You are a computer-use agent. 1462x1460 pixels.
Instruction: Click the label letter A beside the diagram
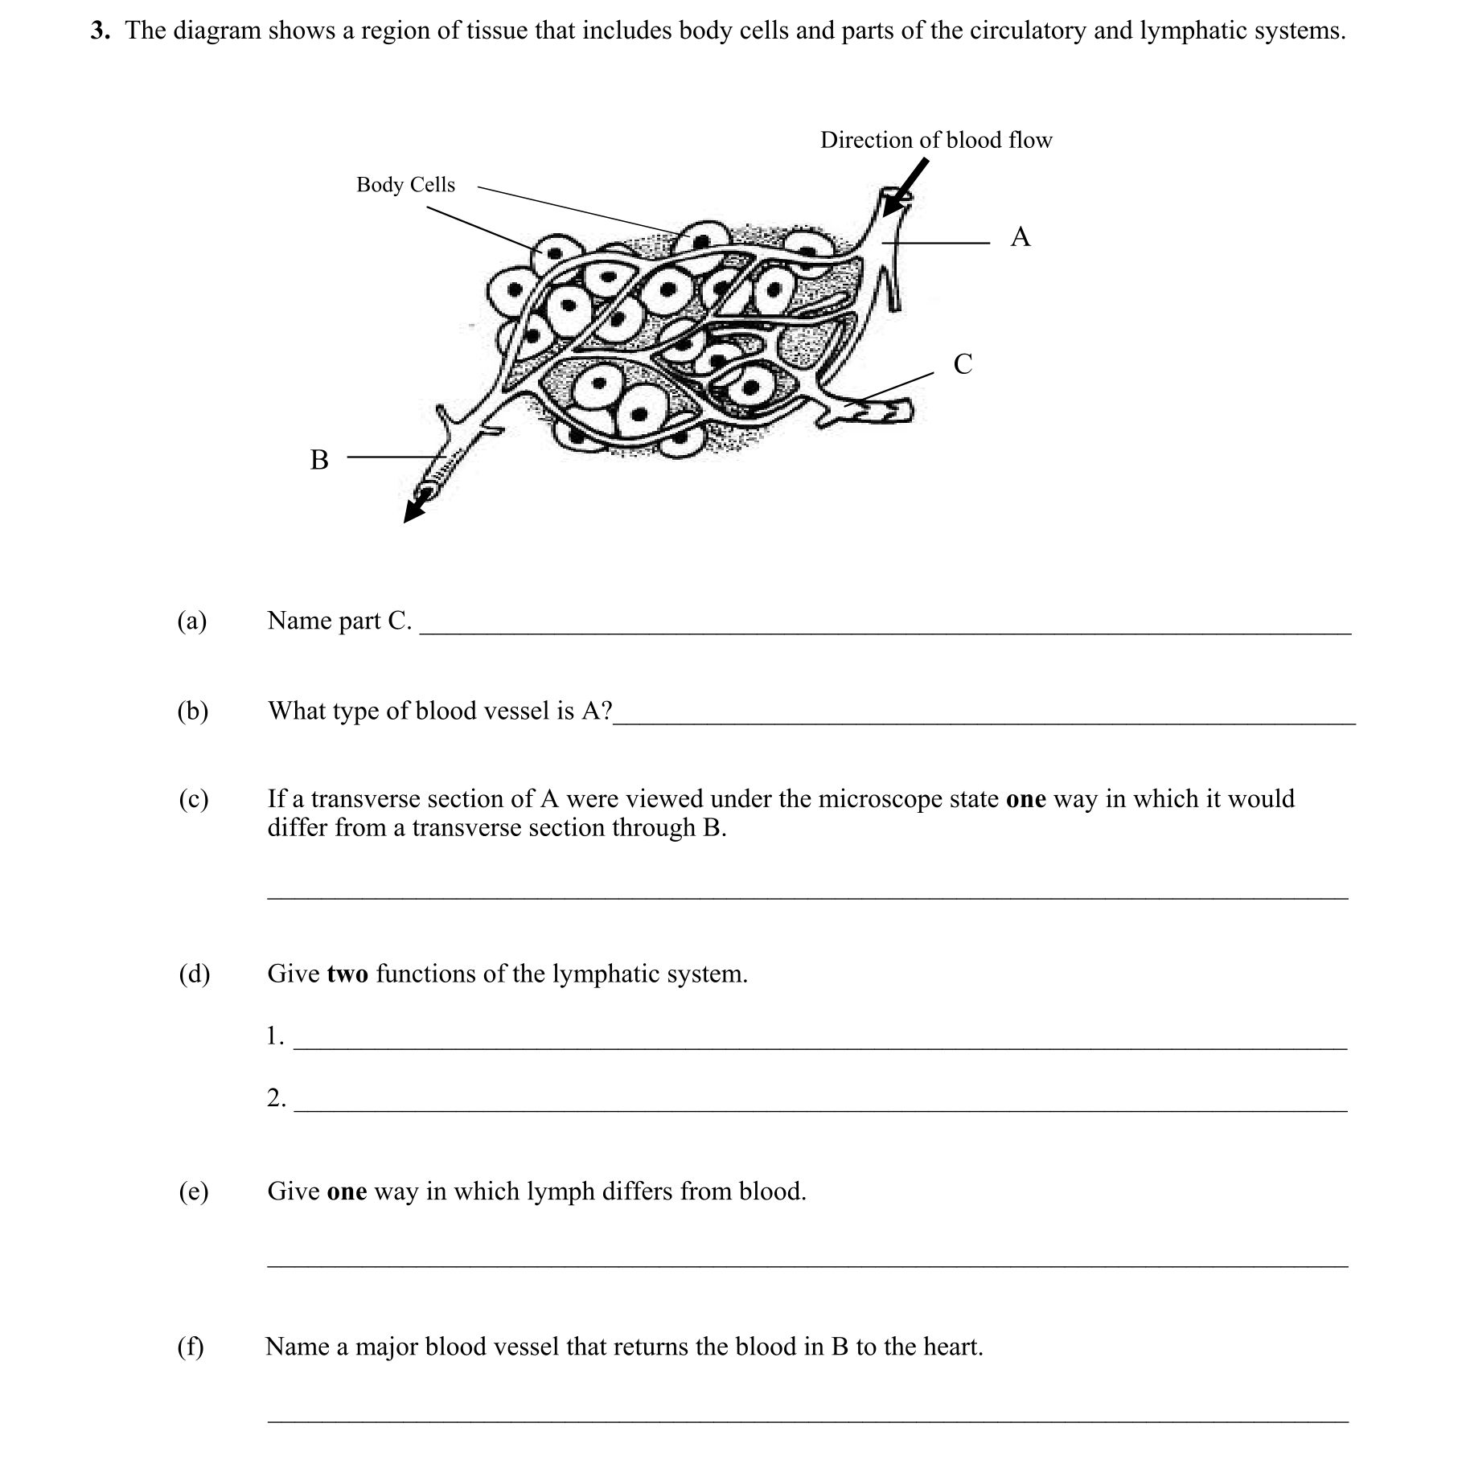click(1020, 237)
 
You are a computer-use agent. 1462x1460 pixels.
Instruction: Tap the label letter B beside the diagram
click(319, 460)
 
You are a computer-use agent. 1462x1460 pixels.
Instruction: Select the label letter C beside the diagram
click(963, 364)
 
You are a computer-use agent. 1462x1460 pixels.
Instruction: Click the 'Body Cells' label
click(405, 185)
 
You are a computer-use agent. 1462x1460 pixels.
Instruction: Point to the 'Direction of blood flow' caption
click(936, 141)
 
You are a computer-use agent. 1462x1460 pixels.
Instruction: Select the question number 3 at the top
click(99, 31)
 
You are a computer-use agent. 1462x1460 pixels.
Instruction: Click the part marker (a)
click(192, 621)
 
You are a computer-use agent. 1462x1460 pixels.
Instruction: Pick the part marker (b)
click(192, 711)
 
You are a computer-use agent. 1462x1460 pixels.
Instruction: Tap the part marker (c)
click(193, 799)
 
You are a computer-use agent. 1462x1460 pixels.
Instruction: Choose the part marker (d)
click(194, 974)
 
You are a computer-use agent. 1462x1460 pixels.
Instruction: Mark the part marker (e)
click(193, 1191)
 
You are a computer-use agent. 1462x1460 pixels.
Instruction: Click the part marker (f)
click(191, 1346)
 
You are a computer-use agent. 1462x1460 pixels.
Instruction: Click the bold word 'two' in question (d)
click(347, 974)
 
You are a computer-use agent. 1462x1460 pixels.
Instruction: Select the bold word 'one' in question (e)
click(347, 1191)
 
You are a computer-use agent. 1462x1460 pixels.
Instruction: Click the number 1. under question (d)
click(275, 1036)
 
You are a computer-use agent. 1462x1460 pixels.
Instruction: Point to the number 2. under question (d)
click(276, 1097)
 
